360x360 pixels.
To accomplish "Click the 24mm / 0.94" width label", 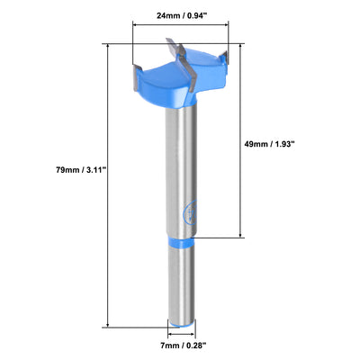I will click(x=190, y=14).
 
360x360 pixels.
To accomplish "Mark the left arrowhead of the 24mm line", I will click(x=136, y=26).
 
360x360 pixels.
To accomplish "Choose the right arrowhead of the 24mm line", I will click(x=245, y=26).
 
